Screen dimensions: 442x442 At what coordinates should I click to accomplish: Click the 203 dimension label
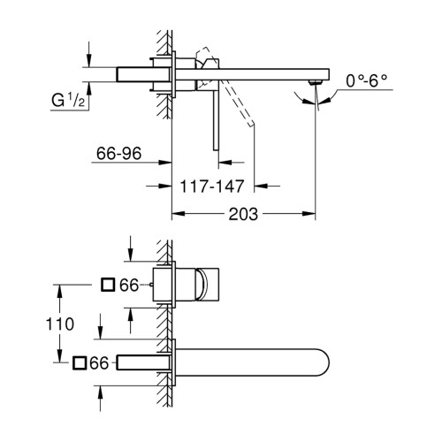point(243,214)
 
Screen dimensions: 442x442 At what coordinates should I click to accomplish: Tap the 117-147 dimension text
point(212,187)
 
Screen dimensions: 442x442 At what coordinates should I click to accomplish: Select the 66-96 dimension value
point(118,153)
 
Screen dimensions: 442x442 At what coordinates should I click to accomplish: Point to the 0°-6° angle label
point(366,80)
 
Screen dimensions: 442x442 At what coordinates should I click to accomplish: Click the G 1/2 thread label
point(68,100)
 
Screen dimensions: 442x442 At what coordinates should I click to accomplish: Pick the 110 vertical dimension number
point(60,324)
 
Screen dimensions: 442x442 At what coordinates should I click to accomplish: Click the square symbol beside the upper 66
point(108,285)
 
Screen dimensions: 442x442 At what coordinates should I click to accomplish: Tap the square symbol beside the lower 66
point(80,362)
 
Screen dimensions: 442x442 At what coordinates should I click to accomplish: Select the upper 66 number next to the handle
point(129,285)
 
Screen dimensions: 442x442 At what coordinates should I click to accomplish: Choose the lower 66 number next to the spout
point(99,362)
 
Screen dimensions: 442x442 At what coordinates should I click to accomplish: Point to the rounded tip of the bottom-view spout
point(328,362)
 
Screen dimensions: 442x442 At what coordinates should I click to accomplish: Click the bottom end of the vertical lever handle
point(216,150)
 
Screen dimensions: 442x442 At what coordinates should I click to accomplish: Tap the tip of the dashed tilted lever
point(251,124)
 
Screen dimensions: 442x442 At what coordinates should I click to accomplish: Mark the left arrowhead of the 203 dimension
point(178,214)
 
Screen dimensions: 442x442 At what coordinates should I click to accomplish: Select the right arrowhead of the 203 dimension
point(309,214)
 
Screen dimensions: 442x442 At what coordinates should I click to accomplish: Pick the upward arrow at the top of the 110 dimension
point(59,292)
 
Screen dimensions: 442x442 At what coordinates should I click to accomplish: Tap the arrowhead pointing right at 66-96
point(165,163)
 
